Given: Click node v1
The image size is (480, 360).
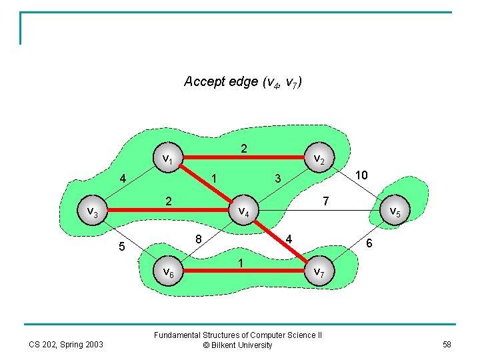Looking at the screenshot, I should pyautogui.click(x=168, y=159).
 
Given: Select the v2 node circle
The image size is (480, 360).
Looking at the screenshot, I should pyautogui.click(x=319, y=159).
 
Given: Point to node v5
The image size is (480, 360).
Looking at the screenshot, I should pyautogui.click(x=394, y=212).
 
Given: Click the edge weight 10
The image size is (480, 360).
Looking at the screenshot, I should pyautogui.click(x=361, y=175).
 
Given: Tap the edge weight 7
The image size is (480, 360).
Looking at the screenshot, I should pyautogui.click(x=325, y=201).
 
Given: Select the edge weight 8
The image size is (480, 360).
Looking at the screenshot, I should pyautogui.click(x=199, y=239).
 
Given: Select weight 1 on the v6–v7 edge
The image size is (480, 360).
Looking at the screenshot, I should pyautogui.click(x=241, y=263).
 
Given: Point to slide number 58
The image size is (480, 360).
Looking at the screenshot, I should pyautogui.click(x=446, y=344).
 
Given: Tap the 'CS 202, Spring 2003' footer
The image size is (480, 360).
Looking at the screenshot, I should pyautogui.click(x=66, y=344).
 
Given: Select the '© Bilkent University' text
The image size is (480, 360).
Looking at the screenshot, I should pyautogui.click(x=238, y=345).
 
